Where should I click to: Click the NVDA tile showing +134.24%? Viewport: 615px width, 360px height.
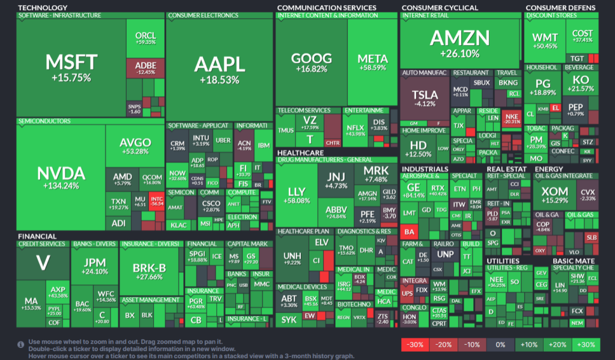(61, 178)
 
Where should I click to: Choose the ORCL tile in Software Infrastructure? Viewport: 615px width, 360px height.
(145, 38)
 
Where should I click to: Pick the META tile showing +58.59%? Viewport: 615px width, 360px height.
(372, 62)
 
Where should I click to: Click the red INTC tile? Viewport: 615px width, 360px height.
(157, 201)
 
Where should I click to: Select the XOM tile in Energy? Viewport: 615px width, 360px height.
(554, 194)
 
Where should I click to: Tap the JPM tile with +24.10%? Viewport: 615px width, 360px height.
(94, 266)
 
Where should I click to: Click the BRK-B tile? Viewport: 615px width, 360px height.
(150, 271)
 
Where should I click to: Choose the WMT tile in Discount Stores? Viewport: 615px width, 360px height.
(545, 41)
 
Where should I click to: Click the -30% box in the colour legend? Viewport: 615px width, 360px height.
(414, 345)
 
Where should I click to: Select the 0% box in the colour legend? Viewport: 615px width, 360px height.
(500, 345)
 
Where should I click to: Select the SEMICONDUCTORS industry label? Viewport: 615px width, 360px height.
(44, 121)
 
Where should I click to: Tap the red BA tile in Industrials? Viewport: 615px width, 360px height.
(410, 231)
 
